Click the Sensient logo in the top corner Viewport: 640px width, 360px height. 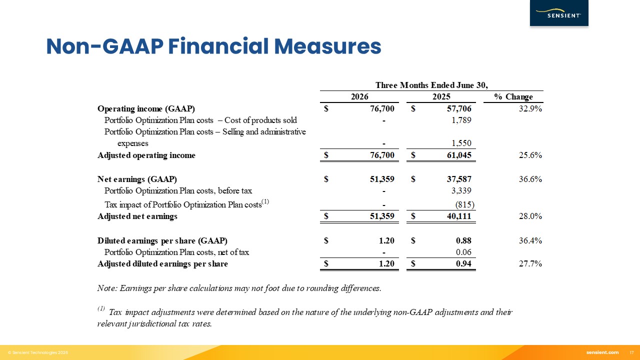click(559, 13)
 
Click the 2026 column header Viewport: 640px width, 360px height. click(359, 96)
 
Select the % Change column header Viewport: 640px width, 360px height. click(513, 96)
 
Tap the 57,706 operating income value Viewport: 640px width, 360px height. click(459, 108)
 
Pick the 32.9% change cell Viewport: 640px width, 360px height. click(530, 108)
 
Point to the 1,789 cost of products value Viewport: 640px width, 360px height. click(461, 120)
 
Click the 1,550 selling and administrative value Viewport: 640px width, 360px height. click(461, 143)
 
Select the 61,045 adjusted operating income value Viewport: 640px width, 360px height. click(459, 155)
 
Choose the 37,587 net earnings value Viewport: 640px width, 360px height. click(459, 179)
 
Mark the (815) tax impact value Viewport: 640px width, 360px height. click(464, 204)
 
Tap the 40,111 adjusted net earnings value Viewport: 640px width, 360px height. click(459, 216)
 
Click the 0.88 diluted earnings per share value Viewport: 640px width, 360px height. click(463, 240)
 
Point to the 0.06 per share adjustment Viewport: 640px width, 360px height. click(463, 252)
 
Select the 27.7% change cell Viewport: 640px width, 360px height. click(530, 263)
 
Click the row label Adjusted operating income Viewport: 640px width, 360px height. click(146, 155)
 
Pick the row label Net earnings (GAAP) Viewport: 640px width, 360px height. click(137, 179)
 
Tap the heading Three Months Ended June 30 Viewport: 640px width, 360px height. click(431, 85)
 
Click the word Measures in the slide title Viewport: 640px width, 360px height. click(327, 46)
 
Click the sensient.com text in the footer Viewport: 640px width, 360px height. click(602, 352)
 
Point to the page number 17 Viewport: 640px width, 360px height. click(631, 352)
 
